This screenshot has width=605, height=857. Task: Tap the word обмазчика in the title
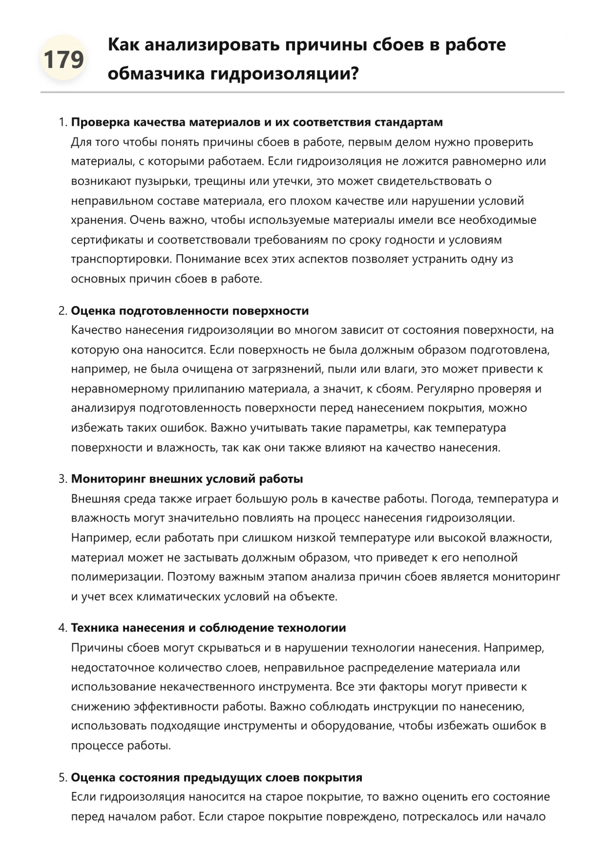pyautogui.click(x=156, y=74)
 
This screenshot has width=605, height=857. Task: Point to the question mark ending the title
pyautogui.click(x=355, y=74)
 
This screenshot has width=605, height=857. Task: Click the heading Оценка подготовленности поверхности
pyautogui.click(x=190, y=311)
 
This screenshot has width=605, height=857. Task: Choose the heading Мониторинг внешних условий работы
pyautogui.click(x=187, y=479)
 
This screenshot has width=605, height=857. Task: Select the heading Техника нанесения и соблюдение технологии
pyautogui.click(x=209, y=628)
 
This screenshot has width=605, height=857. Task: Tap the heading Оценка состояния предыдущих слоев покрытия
pyautogui.click(x=217, y=777)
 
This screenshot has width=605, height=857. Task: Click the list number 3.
pyautogui.click(x=63, y=479)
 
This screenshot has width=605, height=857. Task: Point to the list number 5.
pyautogui.click(x=63, y=777)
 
